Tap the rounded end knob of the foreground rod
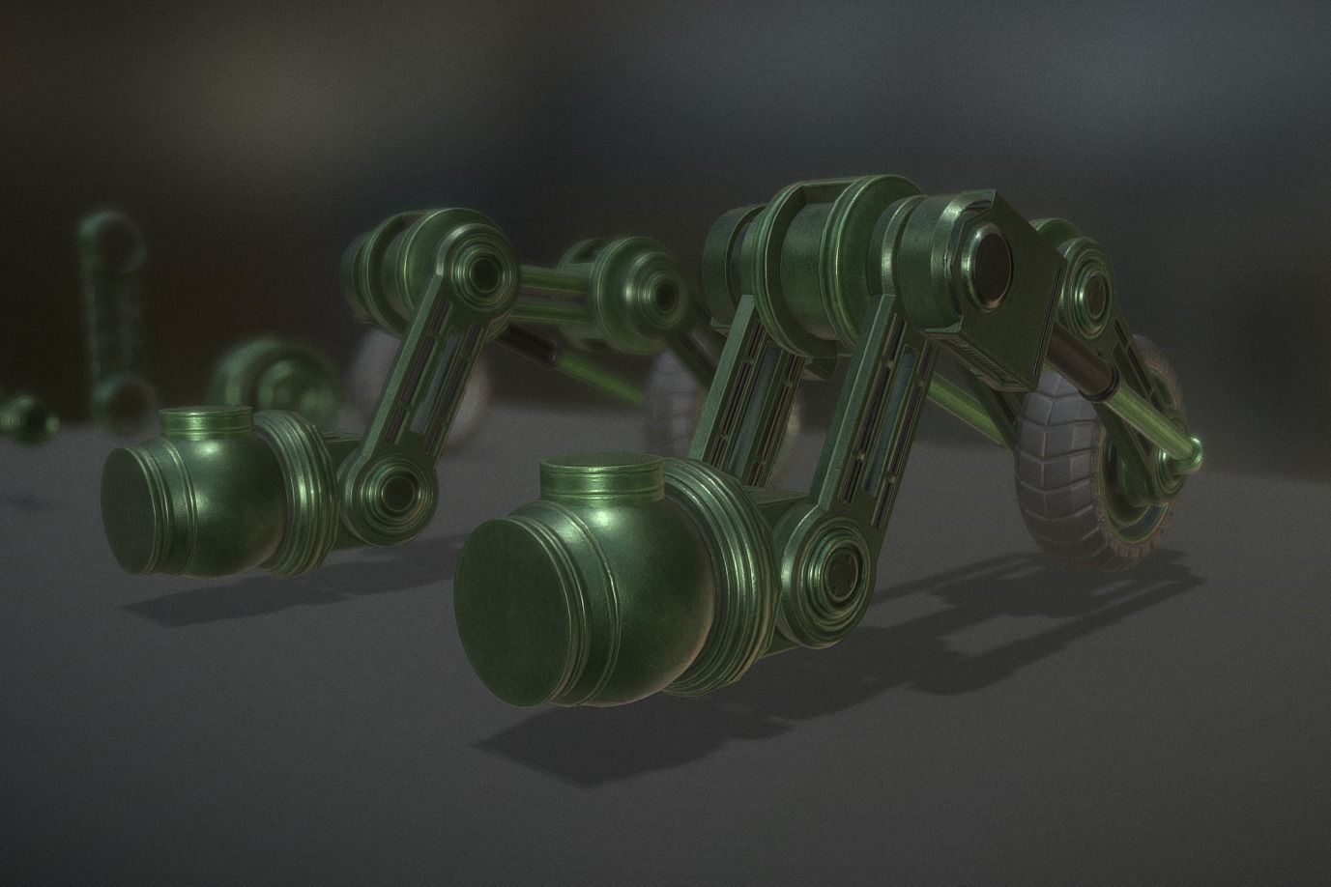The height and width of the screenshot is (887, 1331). tap(1195, 449)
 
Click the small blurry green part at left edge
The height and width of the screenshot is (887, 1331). tap(21, 415)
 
